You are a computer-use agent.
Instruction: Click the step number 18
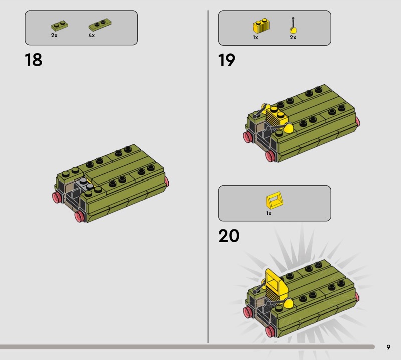click(34, 60)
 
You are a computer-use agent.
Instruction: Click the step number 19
click(227, 60)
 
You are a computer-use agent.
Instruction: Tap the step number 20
click(229, 236)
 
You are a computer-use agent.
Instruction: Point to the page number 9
click(388, 347)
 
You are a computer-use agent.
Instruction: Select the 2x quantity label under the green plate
click(54, 35)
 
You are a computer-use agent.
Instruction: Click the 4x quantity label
click(92, 35)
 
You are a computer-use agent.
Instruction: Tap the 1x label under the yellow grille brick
click(255, 38)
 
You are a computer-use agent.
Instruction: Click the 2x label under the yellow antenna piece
click(293, 38)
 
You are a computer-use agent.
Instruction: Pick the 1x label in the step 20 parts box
click(269, 213)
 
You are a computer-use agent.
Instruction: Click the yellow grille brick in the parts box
click(261, 26)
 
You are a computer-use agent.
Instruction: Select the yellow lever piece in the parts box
click(293, 26)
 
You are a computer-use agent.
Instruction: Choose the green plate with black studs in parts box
click(100, 24)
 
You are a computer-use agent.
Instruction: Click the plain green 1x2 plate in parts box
click(59, 26)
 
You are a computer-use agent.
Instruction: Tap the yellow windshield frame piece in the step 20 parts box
click(275, 201)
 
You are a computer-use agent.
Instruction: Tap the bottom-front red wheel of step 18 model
click(80, 217)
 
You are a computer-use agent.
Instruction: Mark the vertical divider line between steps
click(208, 176)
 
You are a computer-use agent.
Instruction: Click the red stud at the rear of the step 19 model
click(357, 122)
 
